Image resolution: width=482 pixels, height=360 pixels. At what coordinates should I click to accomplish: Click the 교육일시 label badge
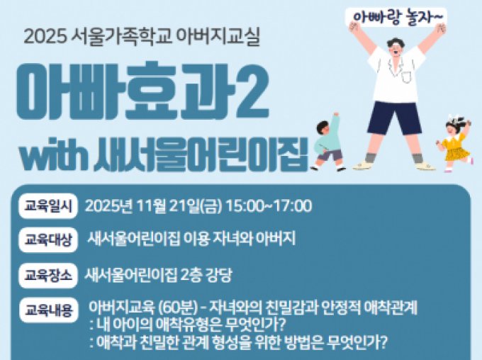(47, 206)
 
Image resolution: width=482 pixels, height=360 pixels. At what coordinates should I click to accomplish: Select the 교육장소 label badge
(47, 274)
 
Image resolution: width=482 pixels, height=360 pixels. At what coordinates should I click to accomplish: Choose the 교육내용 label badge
(47, 310)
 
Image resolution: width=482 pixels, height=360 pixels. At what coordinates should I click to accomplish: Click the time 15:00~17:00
(269, 206)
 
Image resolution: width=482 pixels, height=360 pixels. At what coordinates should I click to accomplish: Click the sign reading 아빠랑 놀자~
(396, 16)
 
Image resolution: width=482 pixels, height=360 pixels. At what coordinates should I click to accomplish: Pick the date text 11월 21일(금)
(179, 206)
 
